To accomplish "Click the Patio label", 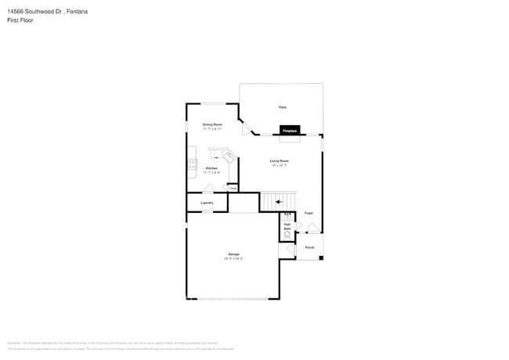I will click(281, 107).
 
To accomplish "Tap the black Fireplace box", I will click(290, 131).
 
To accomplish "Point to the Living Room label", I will click(280, 162).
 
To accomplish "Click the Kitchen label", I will click(211, 169).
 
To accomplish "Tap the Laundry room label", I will click(207, 203).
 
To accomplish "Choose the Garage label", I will click(233, 255).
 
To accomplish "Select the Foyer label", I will click(309, 213).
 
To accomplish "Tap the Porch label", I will click(309, 248).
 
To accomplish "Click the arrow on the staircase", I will click(279, 202).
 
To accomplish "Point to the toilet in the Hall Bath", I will click(287, 234).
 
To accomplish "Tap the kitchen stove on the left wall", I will click(191, 164).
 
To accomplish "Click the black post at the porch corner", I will click(321, 257).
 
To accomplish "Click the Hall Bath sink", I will click(287, 215).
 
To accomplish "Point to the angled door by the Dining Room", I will click(246, 127).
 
